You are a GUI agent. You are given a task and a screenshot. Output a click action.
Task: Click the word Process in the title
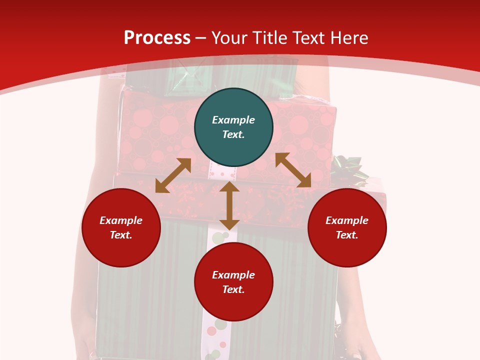(157, 38)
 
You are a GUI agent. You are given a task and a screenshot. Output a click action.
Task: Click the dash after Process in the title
(200, 38)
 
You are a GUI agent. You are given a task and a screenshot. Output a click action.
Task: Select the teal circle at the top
(233, 127)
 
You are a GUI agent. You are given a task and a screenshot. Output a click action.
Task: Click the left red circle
(121, 227)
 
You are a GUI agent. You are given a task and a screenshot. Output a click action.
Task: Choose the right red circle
(347, 227)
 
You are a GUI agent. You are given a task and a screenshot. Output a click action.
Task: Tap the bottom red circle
(233, 282)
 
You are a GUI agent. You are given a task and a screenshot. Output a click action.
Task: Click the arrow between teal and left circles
(173, 175)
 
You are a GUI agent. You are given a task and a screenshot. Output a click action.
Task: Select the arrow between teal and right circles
(293, 170)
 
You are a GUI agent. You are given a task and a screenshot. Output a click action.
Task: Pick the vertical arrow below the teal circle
(229, 205)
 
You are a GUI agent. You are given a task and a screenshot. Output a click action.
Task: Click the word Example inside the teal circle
(233, 120)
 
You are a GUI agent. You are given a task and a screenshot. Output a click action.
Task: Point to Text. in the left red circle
(121, 235)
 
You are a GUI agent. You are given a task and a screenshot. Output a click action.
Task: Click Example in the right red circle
(347, 220)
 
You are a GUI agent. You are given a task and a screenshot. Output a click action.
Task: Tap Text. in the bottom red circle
(233, 289)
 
